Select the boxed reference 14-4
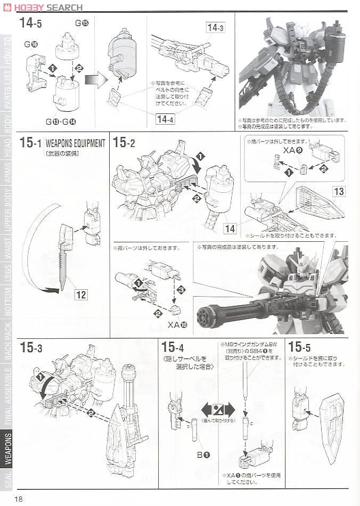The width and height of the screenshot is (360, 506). point(165,119)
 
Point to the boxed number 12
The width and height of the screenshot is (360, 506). point(80,294)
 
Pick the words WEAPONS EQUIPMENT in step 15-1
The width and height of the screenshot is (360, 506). point(75,143)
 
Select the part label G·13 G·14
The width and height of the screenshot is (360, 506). point(61,121)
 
